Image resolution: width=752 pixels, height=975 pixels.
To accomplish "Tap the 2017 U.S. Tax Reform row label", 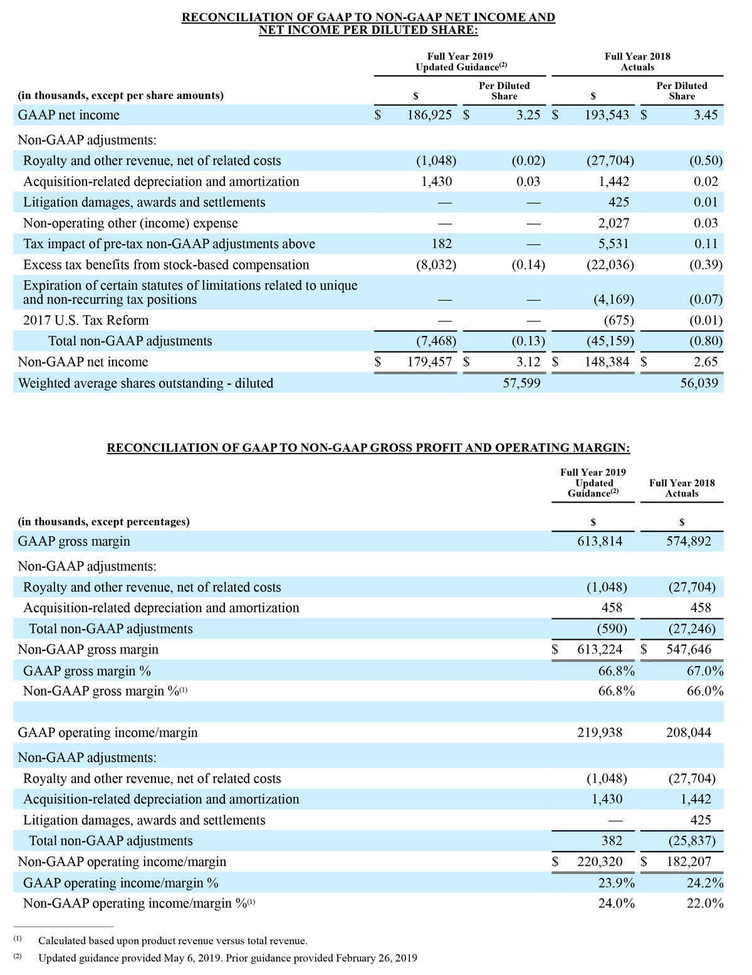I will pyautogui.click(x=86, y=321).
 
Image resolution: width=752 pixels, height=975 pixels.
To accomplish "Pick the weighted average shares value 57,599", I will pyautogui.click(x=521, y=383).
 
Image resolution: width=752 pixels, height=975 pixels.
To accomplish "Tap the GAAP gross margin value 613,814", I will pyautogui.click(x=600, y=541).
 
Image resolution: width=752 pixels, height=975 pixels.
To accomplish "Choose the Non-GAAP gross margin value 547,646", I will pyautogui.click(x=689, y=650).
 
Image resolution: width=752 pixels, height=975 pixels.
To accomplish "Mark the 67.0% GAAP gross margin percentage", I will pyautogui.click(x=705, y=671).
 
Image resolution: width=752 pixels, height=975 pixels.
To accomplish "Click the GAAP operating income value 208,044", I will pyautogui.click(x=689, y=733).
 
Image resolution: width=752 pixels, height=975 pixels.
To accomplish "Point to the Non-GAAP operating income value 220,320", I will pyautogui.click(x=600, y=862).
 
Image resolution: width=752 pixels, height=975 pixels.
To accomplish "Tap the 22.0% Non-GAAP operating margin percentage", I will pyautogui.click(x=705, y=904).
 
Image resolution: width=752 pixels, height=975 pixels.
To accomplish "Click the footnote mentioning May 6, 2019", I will pyautogui.click(x=227, y=958).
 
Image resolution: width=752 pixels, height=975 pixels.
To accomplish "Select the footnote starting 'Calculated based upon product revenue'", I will pyautogui.click(x=172, y=941).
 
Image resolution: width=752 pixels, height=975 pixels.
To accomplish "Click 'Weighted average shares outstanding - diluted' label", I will pyautogui.click(x=145, y=383).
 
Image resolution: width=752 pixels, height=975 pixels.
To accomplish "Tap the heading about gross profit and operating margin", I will pyautogui.click(x=368, y=448).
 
